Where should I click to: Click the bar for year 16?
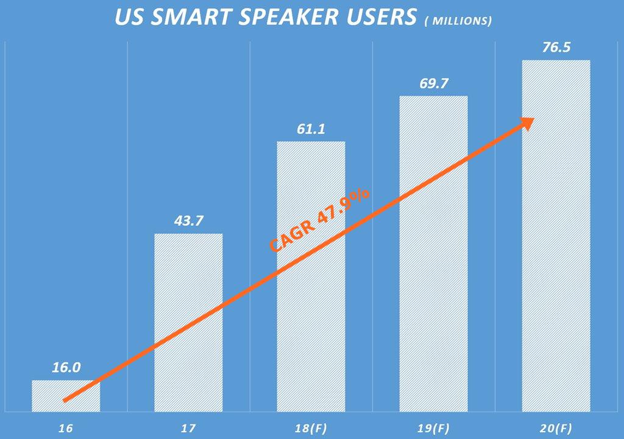[x=66, y=396]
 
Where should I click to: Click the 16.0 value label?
[x=66, y=368]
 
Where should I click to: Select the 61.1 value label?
[x=311, y=129]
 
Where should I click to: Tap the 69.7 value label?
[x=433, y=83]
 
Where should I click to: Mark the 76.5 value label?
[x=556, y=47]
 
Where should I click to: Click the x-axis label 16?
[x=66, y=428]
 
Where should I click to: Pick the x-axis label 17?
[x=188, y=428]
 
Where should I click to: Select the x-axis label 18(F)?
[x=311, y=428]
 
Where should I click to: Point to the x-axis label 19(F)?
[x=433, y=428]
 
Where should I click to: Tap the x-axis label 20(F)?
[x=556, y=428]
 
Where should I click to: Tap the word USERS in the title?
[x=380, y=17]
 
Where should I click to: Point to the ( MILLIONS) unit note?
[x=458, y=21]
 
